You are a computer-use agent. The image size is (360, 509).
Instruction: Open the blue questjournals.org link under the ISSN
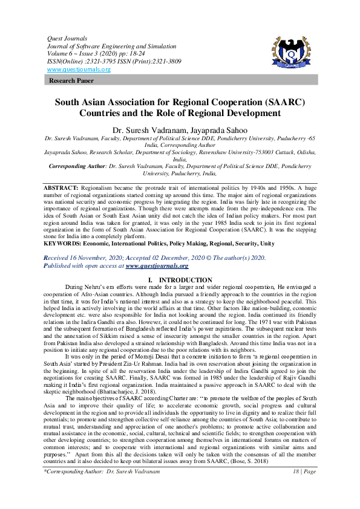(x=78, y=69)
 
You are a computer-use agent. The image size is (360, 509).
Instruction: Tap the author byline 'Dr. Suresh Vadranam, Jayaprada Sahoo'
(x=180, y=130)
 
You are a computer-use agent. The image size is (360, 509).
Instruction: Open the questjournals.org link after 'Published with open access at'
(x=157, y=265)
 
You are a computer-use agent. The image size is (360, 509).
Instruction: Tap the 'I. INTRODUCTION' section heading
(x=180, y=279)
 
